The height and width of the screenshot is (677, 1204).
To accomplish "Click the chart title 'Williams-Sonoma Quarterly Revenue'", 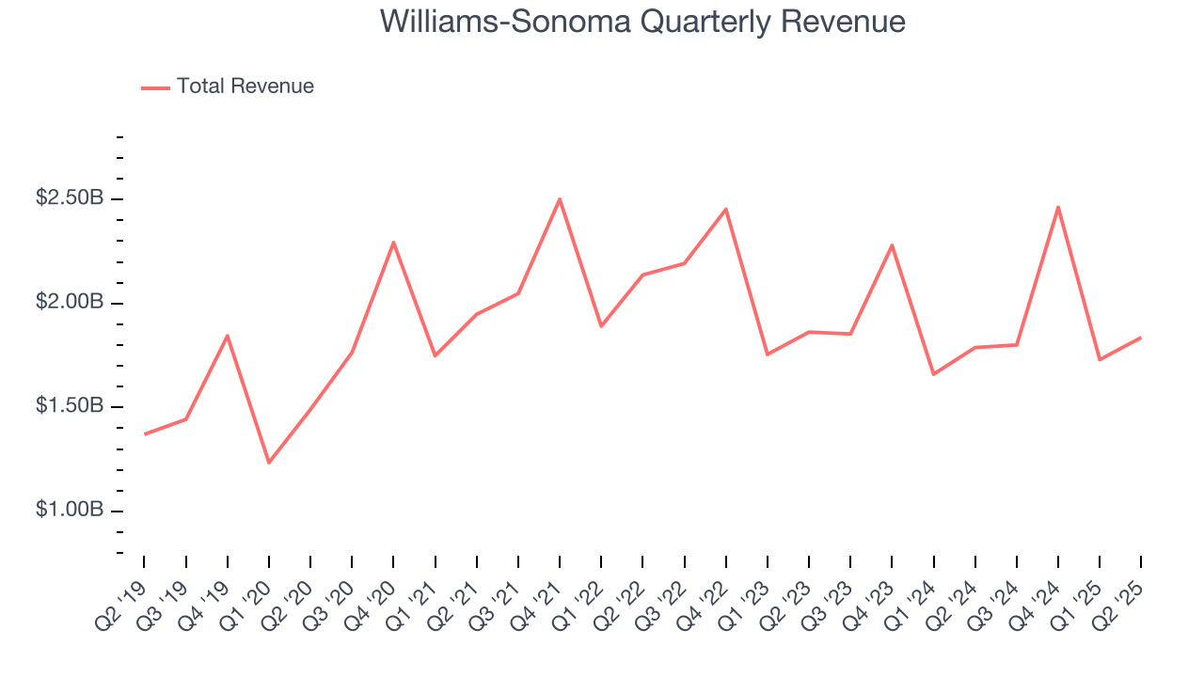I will (x=642, y=22).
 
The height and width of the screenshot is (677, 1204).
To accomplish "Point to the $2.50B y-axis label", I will (x=70, y=199).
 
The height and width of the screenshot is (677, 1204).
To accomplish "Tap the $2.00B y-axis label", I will (x=70, y=303).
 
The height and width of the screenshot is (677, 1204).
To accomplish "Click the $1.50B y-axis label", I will (x=70, y=407).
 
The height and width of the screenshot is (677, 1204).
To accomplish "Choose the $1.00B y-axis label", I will (x=70, y=511).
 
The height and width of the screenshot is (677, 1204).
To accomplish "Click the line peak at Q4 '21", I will (x=560, y=199).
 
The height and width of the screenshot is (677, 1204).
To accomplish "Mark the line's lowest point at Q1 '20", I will (x=269, y=463).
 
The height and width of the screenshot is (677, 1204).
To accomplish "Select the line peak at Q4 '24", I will (x=1058, y=207).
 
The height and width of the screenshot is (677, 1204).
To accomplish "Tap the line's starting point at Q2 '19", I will (x=145, y=433).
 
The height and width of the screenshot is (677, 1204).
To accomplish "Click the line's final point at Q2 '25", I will (x=1141, y=338).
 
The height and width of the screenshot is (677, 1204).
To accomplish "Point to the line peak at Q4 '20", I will (x=393, y=243).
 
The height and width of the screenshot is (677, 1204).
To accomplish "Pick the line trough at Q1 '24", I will (x=933, y=374).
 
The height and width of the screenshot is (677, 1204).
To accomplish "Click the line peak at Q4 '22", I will (x=726, y=209).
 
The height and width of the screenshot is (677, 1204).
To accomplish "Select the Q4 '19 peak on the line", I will (x=228, y=336).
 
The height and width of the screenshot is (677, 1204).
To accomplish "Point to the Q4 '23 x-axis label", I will (x=871, y=594).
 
